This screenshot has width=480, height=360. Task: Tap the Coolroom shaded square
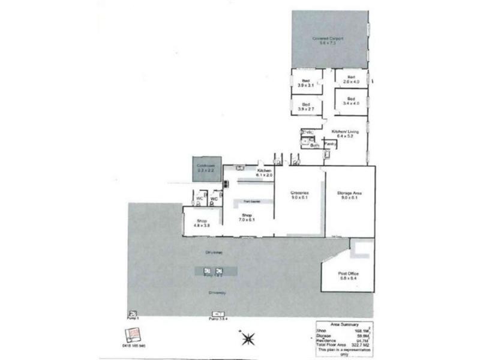(206, 169)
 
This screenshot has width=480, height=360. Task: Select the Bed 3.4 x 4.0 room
(351, 101)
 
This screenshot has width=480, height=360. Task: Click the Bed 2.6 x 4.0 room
(351, 80)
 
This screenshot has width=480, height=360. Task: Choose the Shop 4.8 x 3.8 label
(201, 223)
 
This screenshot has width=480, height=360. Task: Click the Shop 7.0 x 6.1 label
(248, 217)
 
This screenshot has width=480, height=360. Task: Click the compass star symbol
(247, 339)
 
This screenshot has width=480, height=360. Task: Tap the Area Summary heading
(342, 323)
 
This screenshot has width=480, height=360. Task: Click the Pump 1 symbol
(133, 313)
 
